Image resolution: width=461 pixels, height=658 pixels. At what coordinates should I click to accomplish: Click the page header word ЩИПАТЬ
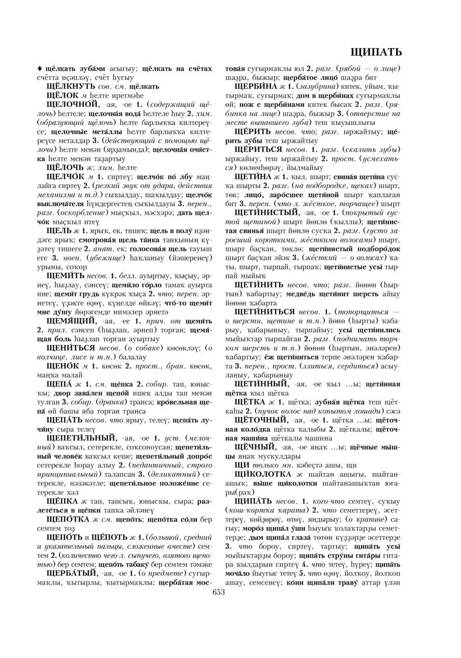376,52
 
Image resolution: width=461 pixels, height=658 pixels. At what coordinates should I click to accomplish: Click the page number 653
218,593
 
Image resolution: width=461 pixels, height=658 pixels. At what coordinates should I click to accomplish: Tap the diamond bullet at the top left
40,69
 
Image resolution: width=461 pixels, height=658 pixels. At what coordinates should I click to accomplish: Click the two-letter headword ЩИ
242,465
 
